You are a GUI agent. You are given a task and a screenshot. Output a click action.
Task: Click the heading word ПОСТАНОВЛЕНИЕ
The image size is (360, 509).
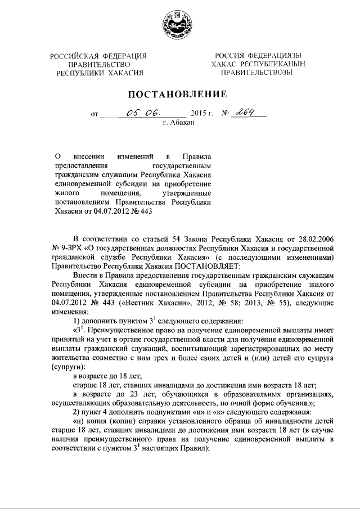click(179, 93)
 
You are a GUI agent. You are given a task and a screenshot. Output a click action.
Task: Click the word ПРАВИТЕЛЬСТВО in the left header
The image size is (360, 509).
click(98, 64)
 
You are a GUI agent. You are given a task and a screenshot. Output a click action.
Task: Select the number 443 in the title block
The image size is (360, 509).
click(145, 211)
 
